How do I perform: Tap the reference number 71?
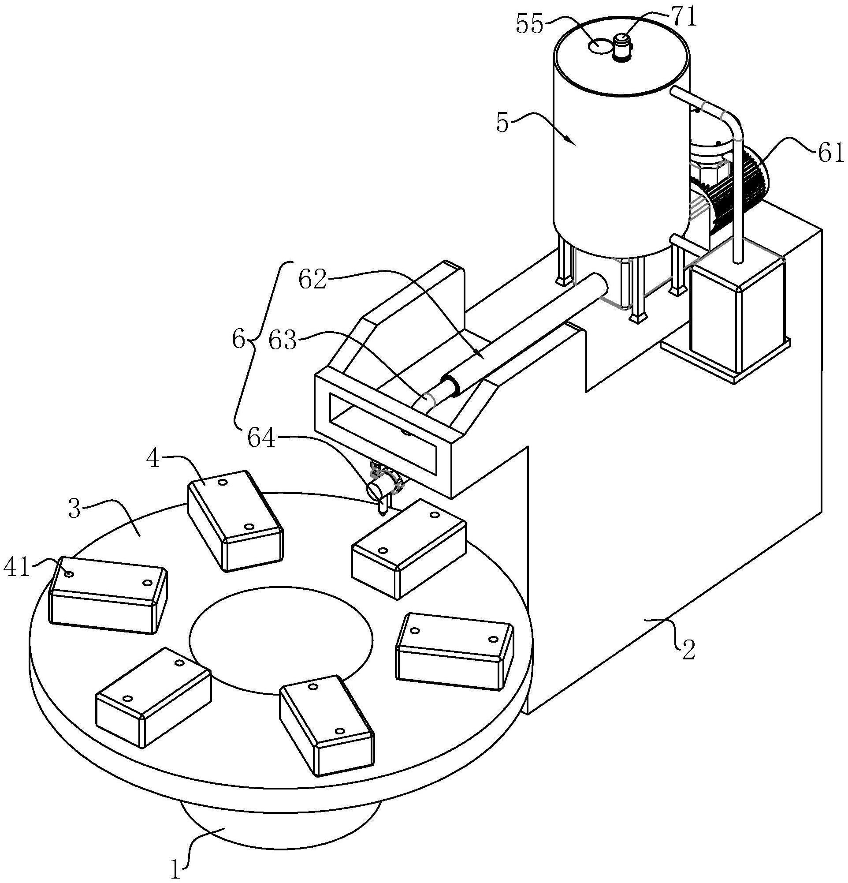(x=684, y=18)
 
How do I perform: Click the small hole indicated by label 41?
(x=68, y=574)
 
